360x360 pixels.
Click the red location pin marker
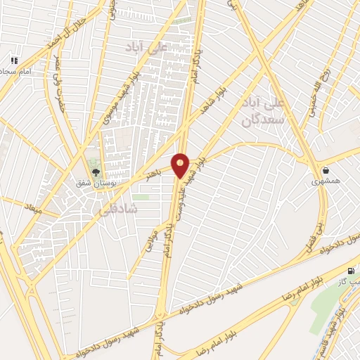tap(181, 165)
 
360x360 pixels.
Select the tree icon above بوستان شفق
tap(96, 169)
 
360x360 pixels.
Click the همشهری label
tap(326, 181)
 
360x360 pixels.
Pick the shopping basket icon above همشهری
tap(326, 170)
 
